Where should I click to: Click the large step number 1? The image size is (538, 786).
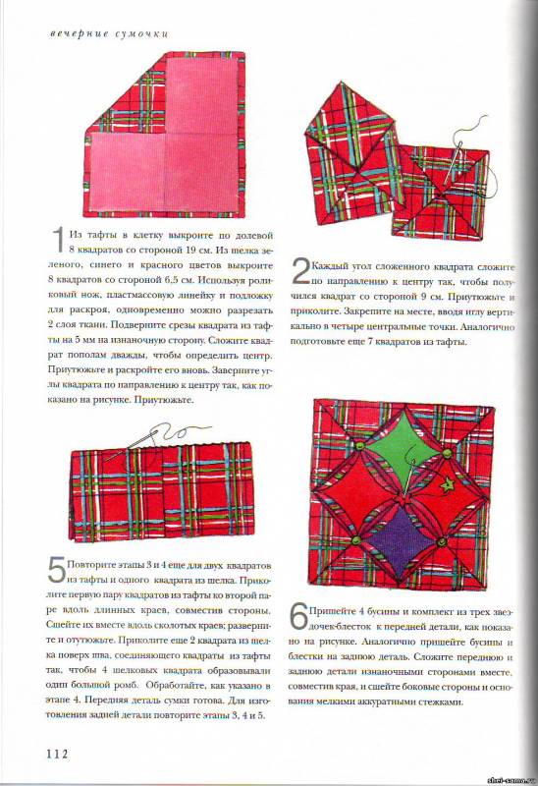(x=60, y=240)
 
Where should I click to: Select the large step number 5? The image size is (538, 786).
(x=57, y=571)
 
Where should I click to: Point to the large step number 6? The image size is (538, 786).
(x=299, y=618)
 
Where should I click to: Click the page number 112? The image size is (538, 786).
(x=58, y=754)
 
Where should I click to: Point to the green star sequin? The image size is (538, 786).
(x=445, y=485)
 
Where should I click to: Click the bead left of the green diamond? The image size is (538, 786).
(x=358, y=446)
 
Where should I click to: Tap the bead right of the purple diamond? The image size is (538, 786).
(x=442, y=541)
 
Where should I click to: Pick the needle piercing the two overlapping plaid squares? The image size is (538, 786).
(x=453, y=162)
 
